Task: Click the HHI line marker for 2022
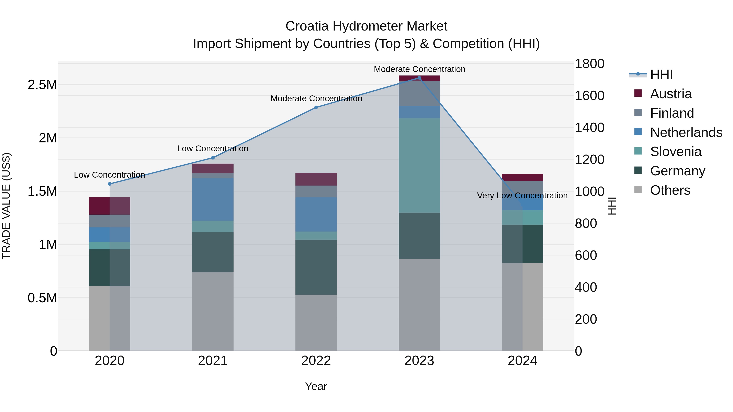coord(316,107)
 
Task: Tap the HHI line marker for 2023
coord(419,78)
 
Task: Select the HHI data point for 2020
coord(110,184)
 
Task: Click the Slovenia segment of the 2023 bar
coord(419,165)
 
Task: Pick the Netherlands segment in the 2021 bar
coord(213,199)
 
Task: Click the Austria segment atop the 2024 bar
coord(522,177)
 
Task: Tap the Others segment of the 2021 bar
coord(213,311)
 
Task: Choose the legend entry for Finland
coord(672,113)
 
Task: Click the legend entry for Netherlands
coord(686,132)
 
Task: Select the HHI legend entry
coord(661,74)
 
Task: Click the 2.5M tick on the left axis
coord(42,85)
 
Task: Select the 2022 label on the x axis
coord(316,361)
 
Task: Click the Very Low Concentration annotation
coord(522,196)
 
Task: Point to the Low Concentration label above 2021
coord(213,149)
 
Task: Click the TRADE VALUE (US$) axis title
coord(6,206)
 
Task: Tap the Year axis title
coord(316,386)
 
